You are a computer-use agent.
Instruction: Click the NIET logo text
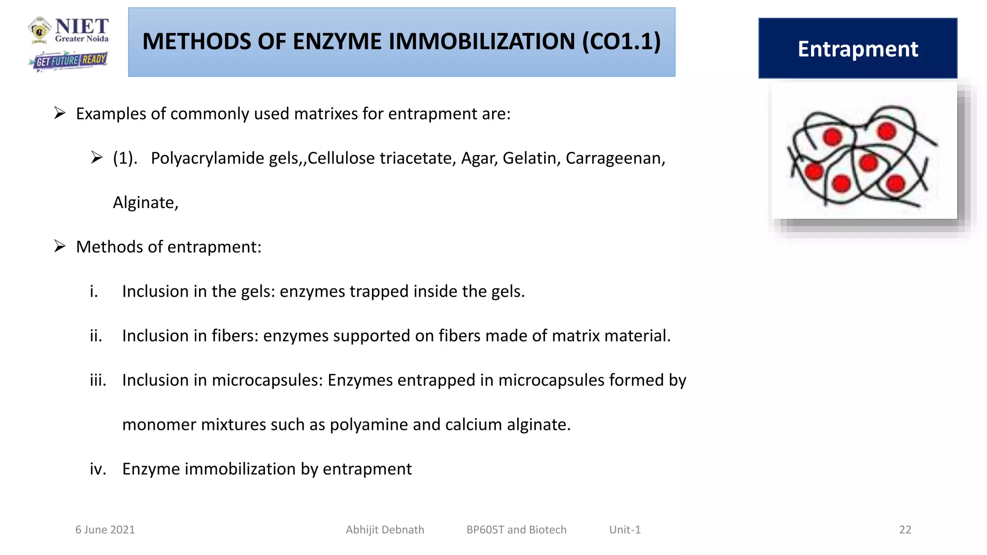click(81, 27)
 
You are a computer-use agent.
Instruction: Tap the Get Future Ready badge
click(68, 61)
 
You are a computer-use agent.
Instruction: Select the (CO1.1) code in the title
click(621, 41)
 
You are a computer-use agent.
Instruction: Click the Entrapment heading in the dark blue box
click(858, 49)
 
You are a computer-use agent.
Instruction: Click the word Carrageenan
click(615, 158)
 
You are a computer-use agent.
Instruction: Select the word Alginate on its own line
click(145, 202)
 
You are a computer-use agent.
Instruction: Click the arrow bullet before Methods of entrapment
click(60, 246)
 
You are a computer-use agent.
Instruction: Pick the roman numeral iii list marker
click(98, 380)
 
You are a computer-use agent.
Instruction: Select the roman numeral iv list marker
click(98, 469)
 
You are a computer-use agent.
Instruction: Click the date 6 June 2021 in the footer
click(105, 529)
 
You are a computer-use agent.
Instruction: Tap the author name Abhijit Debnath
click(385, 529)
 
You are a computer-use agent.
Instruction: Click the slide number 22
click(905, 529)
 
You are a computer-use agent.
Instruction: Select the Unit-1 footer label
click(625, 529)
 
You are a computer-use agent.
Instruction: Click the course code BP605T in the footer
click(485, 529)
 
